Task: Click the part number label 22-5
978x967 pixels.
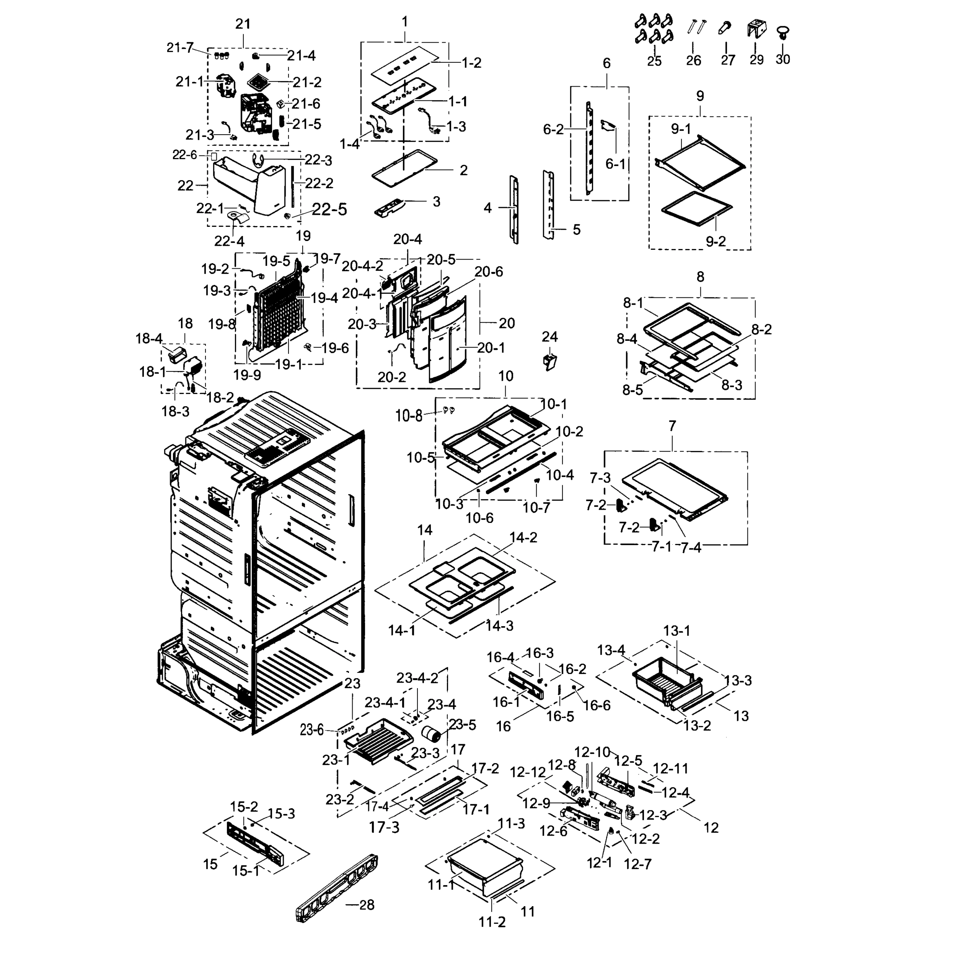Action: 330,210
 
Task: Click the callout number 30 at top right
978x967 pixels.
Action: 783,60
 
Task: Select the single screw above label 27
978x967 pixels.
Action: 725,27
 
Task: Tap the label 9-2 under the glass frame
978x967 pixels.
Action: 716,242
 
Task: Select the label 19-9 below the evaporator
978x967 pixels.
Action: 247,375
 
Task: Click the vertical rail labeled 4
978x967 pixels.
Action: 514,209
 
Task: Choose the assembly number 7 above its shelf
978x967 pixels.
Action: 672,426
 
